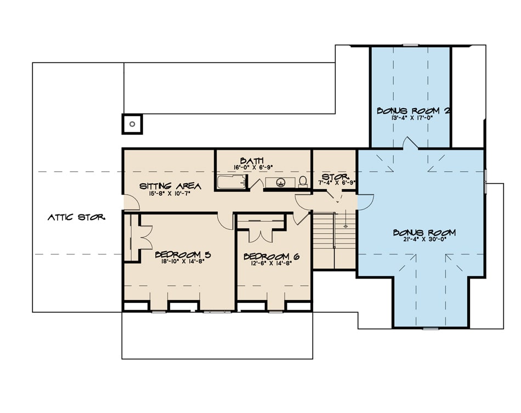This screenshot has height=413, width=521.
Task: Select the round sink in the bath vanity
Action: (281, 182)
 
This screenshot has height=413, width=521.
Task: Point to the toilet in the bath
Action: (303, 182)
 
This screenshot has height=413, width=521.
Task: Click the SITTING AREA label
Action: (169, 186)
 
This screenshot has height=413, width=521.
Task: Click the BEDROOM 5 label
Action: (175, 254)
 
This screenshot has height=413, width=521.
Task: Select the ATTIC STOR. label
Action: (75, 217)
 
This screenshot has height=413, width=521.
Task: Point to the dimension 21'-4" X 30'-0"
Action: (424, 240)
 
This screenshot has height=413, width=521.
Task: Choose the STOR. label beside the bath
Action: (333, 177)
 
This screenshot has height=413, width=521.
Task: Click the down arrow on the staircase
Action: (346, 224)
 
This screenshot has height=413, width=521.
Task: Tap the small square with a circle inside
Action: (132, 123)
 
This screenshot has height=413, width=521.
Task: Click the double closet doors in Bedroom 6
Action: (260, 235)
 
